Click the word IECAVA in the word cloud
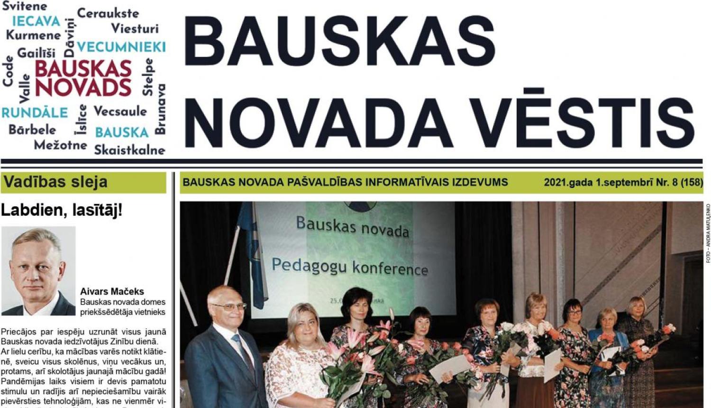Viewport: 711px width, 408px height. (x=36, y=21)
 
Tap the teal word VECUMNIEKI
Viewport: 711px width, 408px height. (x=121, y=47)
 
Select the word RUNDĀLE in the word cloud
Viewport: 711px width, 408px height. (x=35, y=113)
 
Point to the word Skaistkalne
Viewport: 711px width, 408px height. (x=129, y=150)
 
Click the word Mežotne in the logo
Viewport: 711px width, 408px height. (x=60, y=145)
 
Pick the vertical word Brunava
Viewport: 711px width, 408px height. (x=161, y=109)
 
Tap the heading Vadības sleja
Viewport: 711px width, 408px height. (x=55, y=182)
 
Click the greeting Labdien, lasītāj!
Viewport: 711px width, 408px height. (x=62, y=210)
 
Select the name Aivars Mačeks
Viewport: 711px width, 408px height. (x=112, y=291)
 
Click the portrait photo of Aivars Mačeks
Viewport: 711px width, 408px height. (x=38, y=271)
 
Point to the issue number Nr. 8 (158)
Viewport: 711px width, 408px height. (x=679, y=182)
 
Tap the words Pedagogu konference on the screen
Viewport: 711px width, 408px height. (x=350, y=267)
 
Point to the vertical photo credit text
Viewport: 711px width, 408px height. (x=708, y=233)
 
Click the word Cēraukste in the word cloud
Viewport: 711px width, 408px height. (x=108, y=13)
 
